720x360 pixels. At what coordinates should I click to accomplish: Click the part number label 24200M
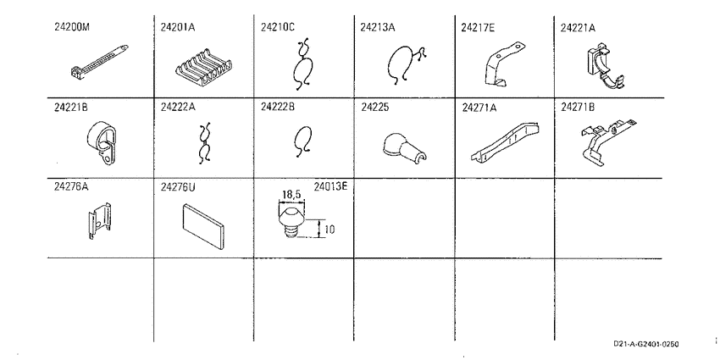click(72, 26)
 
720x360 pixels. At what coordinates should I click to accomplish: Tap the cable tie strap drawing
click(100, 61)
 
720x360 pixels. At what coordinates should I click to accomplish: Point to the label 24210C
click(277, 27)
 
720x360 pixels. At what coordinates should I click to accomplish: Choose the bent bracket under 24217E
click(504, 64)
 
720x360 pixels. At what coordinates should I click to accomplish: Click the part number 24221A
click(577, 28)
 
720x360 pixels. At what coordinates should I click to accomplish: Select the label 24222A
click(178, 107)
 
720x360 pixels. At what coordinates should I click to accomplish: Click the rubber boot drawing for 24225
click(403, 147)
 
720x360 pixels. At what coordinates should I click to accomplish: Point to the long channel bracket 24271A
click(505, 142)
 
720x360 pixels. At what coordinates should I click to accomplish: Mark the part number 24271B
click(577, 108)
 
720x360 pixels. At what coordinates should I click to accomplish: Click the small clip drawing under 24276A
click(99, 220)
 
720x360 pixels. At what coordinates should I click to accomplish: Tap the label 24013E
click(330, 187)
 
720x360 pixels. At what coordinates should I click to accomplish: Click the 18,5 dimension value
click(291, 195)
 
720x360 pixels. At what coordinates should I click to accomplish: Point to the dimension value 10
click(330, 229)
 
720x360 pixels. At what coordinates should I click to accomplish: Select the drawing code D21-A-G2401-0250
click(645, 344)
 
